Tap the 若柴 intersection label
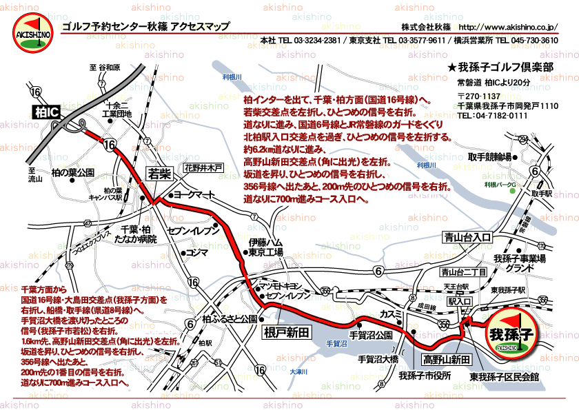(159, 175)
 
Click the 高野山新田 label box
(447, 360)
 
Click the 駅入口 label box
(459, 302)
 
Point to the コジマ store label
(196, 253)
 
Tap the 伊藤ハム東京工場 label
(266, 247)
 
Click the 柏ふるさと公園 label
(230, 319)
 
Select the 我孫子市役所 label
(424, 376)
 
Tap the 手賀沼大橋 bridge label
(378, 359)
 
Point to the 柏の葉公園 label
(72, 172)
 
